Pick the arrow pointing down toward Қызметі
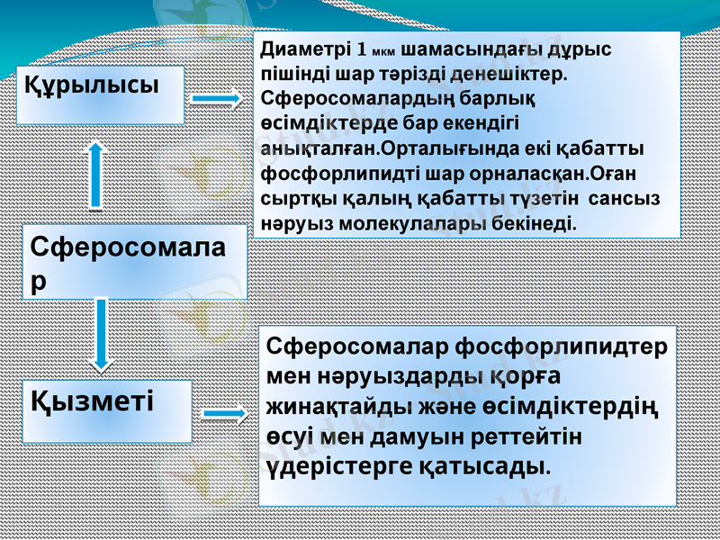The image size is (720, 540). (102, 332)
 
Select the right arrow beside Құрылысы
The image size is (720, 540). (216, 96)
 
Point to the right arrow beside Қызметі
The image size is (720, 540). (225, 414)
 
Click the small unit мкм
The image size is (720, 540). (383, 49)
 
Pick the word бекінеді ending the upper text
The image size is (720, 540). (538, 220)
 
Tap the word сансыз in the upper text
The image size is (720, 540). (620, 195)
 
